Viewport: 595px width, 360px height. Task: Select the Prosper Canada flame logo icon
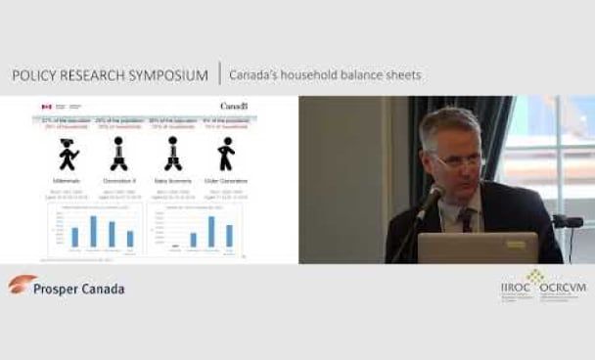[x=23, y=284]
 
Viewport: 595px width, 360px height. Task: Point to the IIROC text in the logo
[x=515, y=290]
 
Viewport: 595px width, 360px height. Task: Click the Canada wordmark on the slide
[x=234, y=106]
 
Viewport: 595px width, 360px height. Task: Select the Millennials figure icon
[x=69, y=155]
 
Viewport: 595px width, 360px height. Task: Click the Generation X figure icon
[x=120, y=155]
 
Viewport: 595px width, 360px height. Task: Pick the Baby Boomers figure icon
[x=173, y=155]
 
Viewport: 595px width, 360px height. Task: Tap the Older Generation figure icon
[x=226, y=155]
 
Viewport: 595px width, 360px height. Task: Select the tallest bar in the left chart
[x=93, y=231]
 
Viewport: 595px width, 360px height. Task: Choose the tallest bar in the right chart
[x=210, y=231]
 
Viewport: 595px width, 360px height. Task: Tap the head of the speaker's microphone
[x=432, y=198]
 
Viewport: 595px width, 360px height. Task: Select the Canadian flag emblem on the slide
[x=45, y=106]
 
